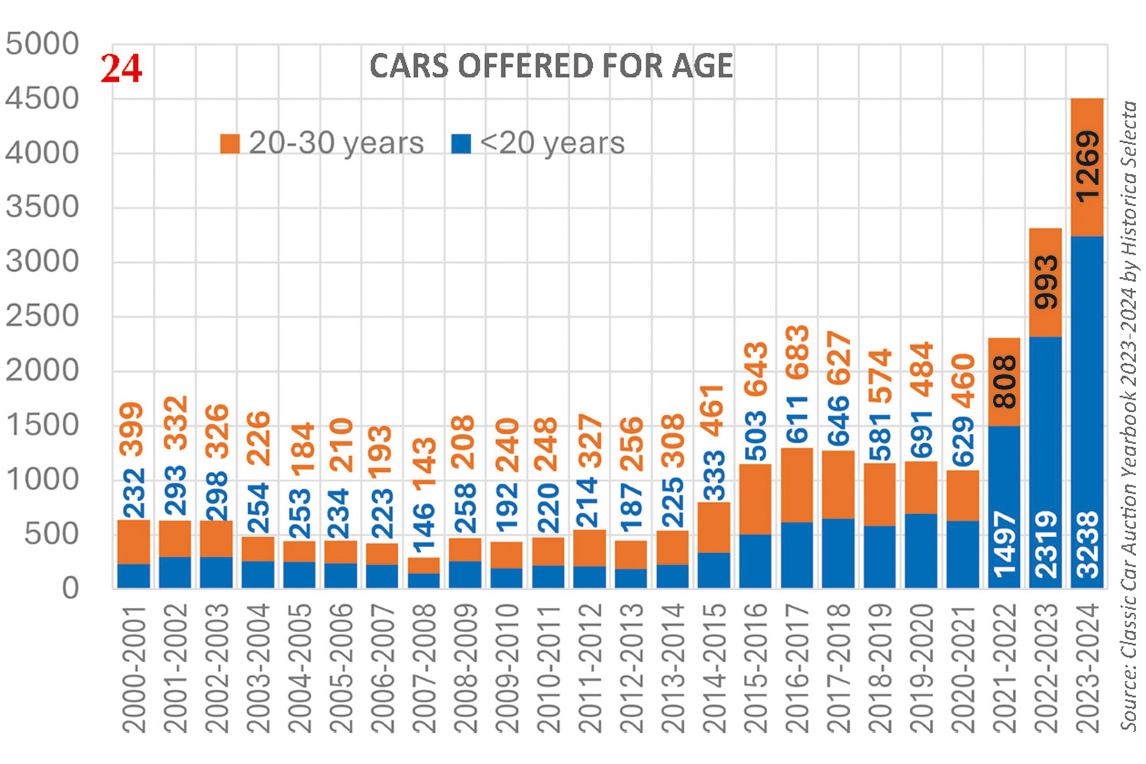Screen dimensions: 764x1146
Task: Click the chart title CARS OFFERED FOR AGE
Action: click(x=551, y=66)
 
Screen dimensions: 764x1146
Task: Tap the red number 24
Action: click(x=121, y=69)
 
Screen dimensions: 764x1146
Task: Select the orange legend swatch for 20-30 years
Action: click(x=230, y=143)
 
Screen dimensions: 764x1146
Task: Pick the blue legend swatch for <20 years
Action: click(x=461, y=143)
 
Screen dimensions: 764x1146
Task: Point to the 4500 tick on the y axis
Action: click(x=42, y=99)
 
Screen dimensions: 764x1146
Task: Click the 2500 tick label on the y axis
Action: click(x=42, y=316)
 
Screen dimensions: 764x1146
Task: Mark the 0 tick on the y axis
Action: click(x=70, y=588)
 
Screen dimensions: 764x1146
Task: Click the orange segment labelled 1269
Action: click(x=1087, y=167)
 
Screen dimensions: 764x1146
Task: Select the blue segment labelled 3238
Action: click(x=1087, y=413)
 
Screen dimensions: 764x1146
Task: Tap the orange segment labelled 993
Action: click(x=1046, y=283)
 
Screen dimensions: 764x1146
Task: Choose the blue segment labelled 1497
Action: click(x=1004, y=507)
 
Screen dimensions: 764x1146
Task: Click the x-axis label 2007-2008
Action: click(x=424, y=668)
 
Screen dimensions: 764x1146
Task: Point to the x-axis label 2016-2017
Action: click(x=798, y=668)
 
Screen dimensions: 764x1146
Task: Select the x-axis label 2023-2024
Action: click(x=1087, y=668)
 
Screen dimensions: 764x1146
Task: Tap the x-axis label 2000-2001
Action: click(x=134, y=668)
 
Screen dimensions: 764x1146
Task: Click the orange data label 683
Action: click(x=798, y=352)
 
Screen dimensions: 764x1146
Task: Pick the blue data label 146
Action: click(x=424, y=527)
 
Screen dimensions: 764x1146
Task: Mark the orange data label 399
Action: click(x=134, y=429)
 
